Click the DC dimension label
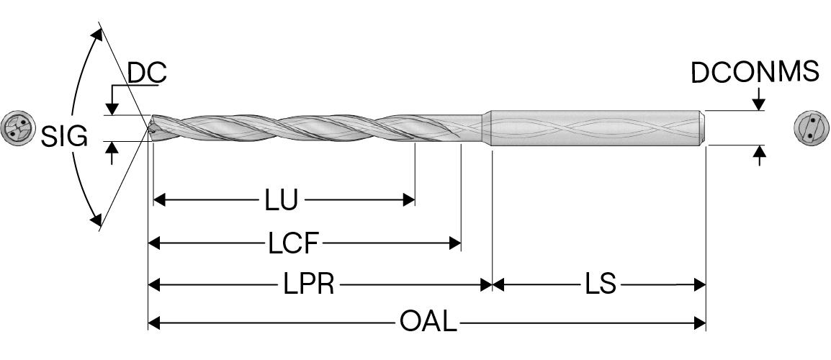147,73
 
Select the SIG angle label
64,136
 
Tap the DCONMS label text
755,73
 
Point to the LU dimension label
280,200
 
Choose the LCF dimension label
293,243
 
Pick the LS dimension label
600,285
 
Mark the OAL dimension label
428,323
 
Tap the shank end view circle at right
810,130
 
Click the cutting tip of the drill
151,130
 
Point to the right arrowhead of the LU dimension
408,199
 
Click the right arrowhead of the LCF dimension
454,243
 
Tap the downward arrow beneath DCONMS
759,105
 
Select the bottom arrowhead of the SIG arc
96,219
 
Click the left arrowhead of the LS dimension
498,285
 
